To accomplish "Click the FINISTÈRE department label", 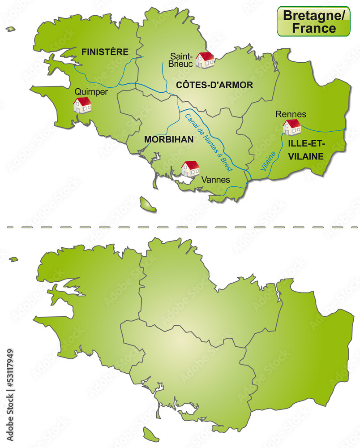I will [x=105, y=52].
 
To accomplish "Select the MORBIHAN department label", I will [x=169, y=139].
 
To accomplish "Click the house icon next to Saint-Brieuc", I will [x=206, y=60].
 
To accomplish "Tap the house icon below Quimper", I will [x=82, y=105].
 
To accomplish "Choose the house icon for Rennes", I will [x=292, y=127].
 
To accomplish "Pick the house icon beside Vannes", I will [x=191, y=168].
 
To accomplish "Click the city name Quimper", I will [x=91, y=91].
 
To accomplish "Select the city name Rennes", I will [x=291, y=114].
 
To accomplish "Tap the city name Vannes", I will [x=216, y=180].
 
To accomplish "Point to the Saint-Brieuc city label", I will [x=181, y=60].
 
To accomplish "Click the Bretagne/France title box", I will [x=313, y=22].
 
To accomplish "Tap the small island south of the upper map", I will [x=147, y=204].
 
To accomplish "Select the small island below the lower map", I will [x=151, y=434].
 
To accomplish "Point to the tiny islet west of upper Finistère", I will [x=10, y=29].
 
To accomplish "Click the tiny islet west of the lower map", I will [x=13, y=259].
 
